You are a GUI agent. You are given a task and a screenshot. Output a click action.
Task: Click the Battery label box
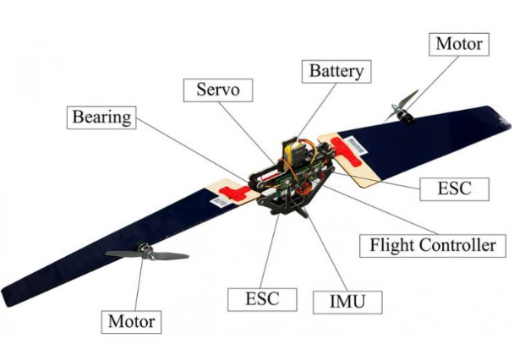click(336, 70)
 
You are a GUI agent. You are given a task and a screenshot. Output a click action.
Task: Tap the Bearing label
click(101, 117)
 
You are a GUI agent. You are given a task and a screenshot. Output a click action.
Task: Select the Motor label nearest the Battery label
click(458, 43)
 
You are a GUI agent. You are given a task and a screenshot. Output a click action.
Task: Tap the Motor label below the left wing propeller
click(132, 321)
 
